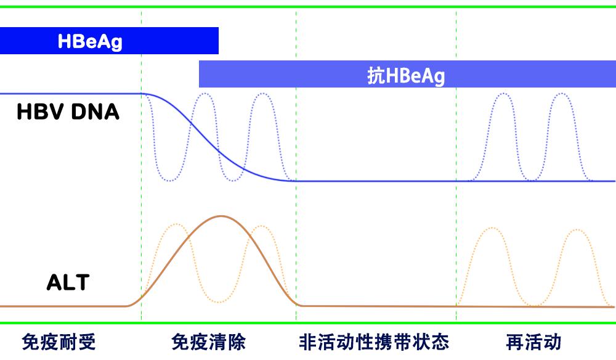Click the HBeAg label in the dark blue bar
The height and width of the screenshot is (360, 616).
click(90, 41)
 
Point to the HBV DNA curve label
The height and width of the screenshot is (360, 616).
click(68, 112)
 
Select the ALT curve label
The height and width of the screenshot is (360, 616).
click(68, 282)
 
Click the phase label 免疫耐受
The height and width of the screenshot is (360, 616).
click(59, 342)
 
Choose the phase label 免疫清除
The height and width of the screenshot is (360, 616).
click(209, 342)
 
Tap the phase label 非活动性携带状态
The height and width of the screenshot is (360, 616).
click(374, 342)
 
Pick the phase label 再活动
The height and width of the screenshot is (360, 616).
click(533, 342)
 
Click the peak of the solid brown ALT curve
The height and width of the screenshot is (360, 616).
click(220, 216)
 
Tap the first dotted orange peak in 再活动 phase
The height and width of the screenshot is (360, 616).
click(492, 228)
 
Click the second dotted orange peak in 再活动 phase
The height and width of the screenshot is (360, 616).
click(577, 230)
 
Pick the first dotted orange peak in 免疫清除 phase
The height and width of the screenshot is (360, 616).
click(176, 224)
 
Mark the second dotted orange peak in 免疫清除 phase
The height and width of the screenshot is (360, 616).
click(261, 226)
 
